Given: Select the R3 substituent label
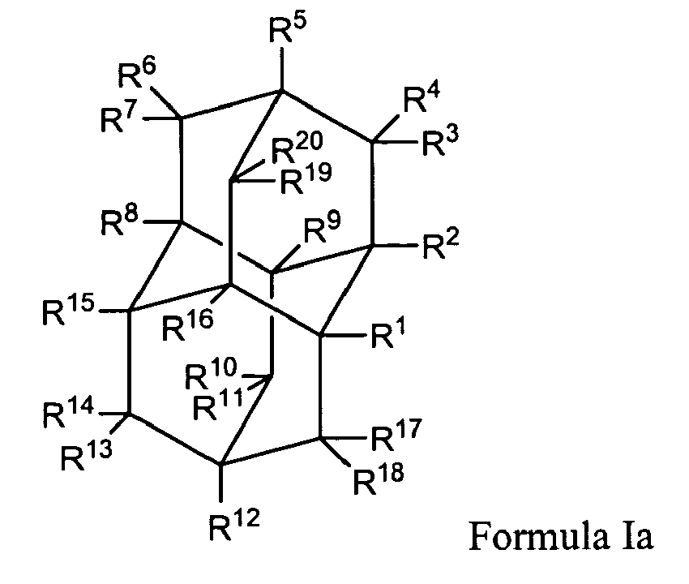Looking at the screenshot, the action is [441, 144].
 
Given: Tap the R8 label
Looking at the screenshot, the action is [117, 221].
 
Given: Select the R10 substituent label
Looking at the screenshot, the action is [209, 376].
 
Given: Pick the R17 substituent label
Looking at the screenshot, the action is [395, 439].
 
